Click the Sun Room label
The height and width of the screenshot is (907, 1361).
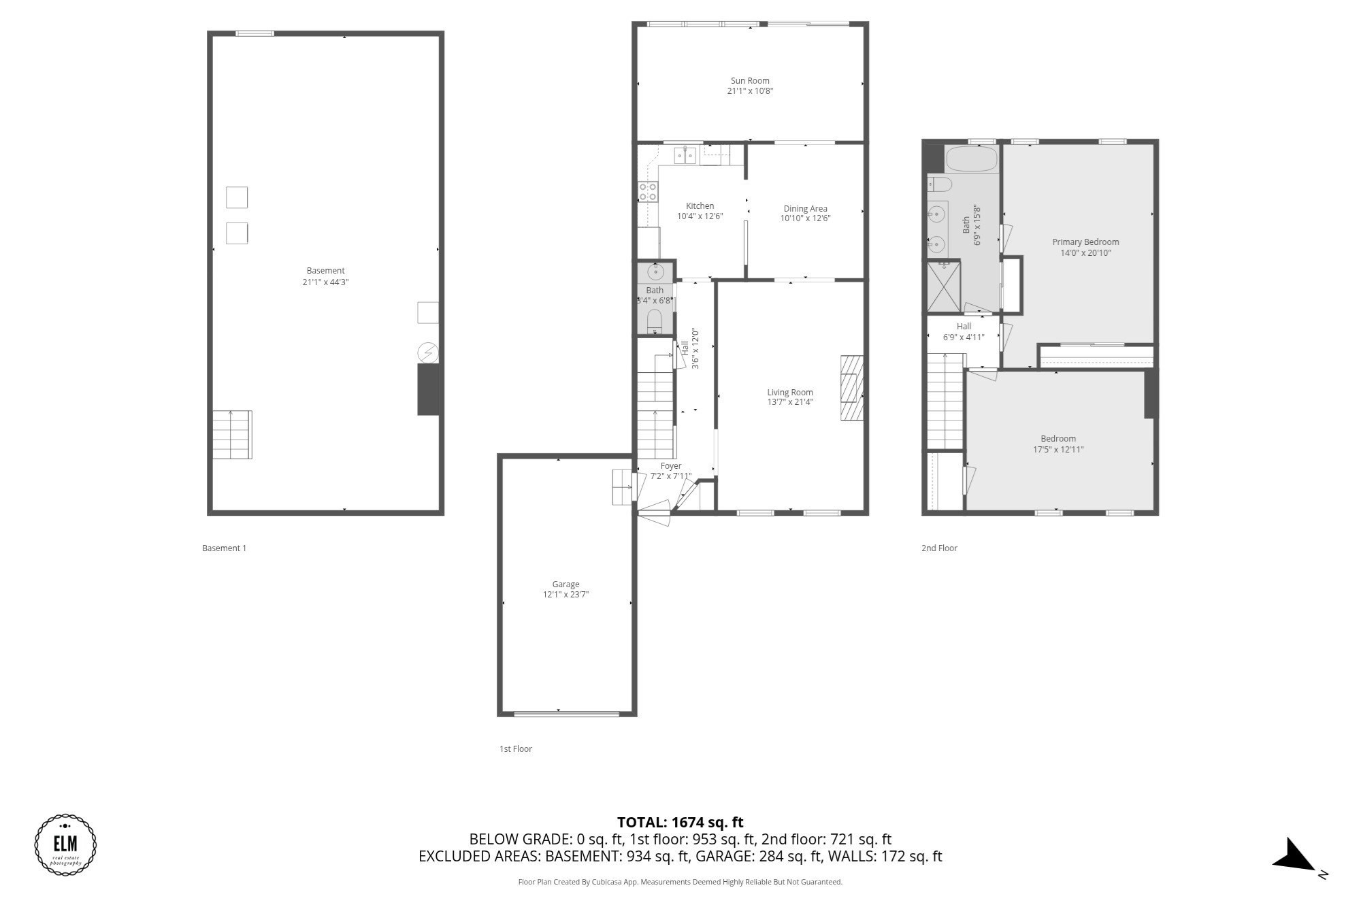(x=750, y=80)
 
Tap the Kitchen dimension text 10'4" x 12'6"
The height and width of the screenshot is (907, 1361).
(x=700, y=216)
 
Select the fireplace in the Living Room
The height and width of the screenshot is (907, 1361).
(x=851, y=388)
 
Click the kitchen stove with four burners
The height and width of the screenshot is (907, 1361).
(x=648, y=192)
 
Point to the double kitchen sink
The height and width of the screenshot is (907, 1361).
(x=685, y=156)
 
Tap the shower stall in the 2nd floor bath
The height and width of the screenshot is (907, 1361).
(x=944, y=286)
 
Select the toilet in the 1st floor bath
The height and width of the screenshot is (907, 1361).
(x=655, y=320)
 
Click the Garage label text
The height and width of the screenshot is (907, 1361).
(x=565, y=584)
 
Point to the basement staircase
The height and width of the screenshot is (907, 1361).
(x=232, y=434)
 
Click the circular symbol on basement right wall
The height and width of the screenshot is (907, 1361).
(x=427, y=352)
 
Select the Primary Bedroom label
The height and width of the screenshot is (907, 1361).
(x=1085, y=242)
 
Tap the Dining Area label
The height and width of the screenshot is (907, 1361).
(x=805, y=209)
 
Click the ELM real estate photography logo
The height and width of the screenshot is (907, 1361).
(x=65, y=844)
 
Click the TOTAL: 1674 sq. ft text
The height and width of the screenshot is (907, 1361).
(x=680, y=822)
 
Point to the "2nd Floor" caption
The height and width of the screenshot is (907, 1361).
(x=939, y=548)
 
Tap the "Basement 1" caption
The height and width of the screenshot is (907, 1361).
(x=224, y=548)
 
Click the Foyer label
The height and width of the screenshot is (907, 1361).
(x=670, y=466)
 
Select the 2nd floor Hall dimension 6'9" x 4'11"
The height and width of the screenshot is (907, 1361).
(x=964, y=337)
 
